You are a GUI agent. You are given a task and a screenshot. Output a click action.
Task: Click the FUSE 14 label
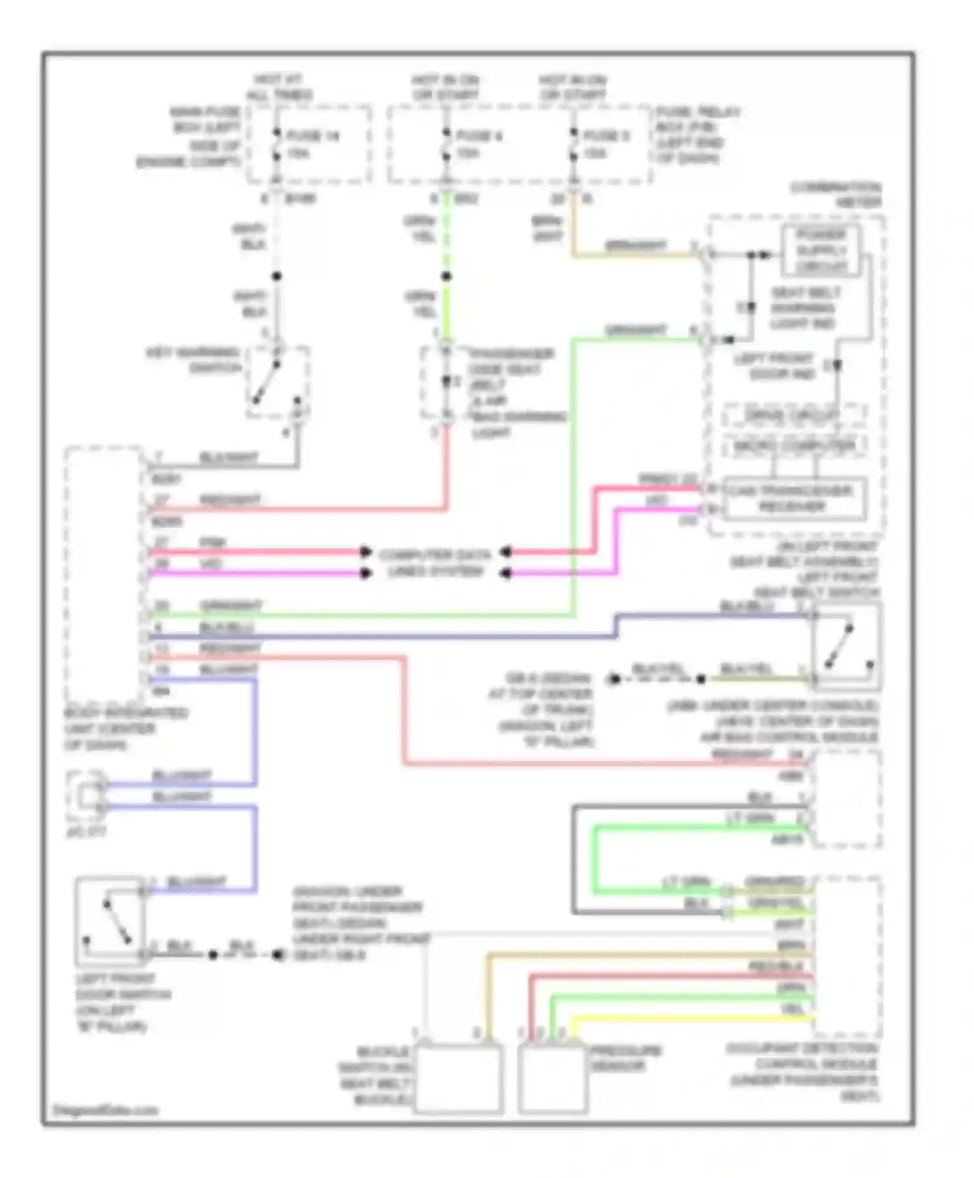(x=313, y=136)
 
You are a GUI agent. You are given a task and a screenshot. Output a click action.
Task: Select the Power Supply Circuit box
(x=821, y=251)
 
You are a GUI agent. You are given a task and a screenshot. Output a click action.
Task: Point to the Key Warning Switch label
(x=192, y=360)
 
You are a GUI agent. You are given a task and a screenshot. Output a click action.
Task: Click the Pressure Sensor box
(x=552, y=1079)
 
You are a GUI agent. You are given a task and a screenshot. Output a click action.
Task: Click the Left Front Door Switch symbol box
(x=110, y=921)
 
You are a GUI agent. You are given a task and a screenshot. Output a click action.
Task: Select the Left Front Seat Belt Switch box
(x=845, y=645)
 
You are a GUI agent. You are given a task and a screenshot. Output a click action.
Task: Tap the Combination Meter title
(x=836, y=195)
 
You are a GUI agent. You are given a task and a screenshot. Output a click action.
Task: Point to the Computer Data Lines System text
(x=435, y=563)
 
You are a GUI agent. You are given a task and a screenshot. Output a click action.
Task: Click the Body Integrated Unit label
(x=125, y=729)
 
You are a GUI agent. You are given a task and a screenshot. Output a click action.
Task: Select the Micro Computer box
(x=794, y=446)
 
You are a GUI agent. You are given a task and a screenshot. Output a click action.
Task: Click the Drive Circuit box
(x=794, y=415)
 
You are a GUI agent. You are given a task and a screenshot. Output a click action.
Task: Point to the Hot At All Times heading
(x=279, y=87)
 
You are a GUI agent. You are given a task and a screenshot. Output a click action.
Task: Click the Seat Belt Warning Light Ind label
(x=805, y=308)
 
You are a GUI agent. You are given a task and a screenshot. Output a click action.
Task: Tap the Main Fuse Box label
(x=192, y=136)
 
